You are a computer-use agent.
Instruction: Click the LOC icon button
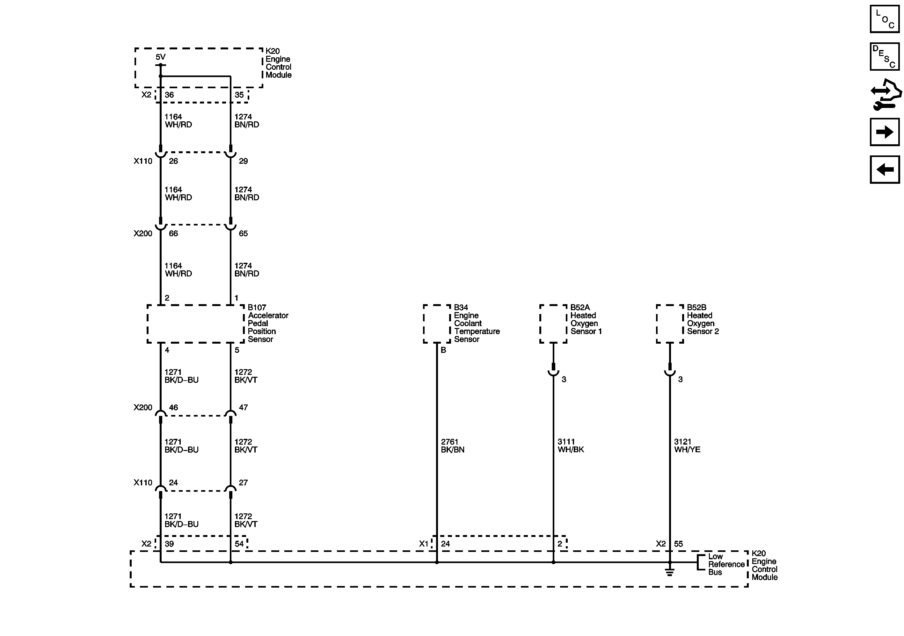tap(885, 19)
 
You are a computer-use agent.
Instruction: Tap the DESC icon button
tap(885, 57)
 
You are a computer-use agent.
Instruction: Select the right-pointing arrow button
tap(885, 132)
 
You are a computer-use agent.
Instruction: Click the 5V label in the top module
tap(160, 57)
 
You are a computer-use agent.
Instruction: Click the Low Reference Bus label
tap(725, 564)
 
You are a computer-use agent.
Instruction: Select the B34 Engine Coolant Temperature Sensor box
tap(437, 324)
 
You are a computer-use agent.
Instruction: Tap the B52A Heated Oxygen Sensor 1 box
tap(553, 324)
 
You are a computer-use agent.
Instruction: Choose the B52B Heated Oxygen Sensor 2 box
tap(670, 324)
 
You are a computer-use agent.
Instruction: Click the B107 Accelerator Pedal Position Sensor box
tap(195, 324)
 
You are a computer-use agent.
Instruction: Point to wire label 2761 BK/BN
tap(452, 446)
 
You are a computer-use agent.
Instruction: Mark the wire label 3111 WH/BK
tap(571, 446)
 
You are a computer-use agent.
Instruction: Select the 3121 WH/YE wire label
tap(687, 446)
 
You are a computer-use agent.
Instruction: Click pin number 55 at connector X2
tap(678, 544)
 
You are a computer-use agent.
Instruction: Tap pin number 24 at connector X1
tap(445, 544)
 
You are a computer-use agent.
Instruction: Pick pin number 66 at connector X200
tap(173, 234)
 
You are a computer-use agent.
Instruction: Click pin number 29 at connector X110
tap(243, 161)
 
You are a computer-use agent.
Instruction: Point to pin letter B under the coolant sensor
tap(443, 350)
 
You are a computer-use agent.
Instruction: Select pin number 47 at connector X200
tap(243, 407)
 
